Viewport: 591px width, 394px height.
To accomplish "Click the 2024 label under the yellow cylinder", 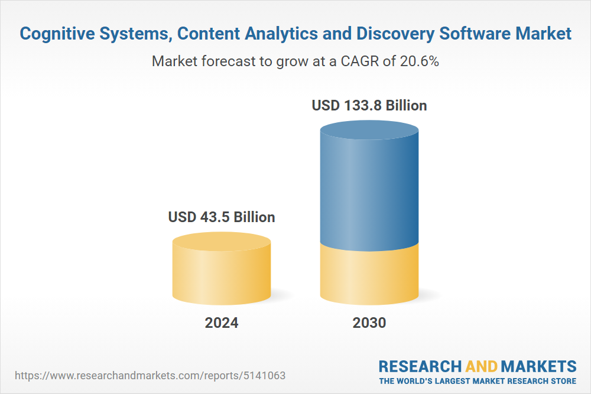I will point(222,323).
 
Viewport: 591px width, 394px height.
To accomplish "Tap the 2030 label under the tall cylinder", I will point(369,323).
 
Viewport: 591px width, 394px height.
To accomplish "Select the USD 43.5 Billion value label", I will point(222,217).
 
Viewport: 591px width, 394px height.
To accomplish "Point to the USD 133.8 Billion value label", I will point(369,106).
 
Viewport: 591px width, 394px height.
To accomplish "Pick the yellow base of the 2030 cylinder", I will point(369,275).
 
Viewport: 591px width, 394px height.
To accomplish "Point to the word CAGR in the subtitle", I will point(358,61).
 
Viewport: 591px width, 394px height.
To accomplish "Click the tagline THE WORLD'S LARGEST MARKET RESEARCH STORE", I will point(478,381).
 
